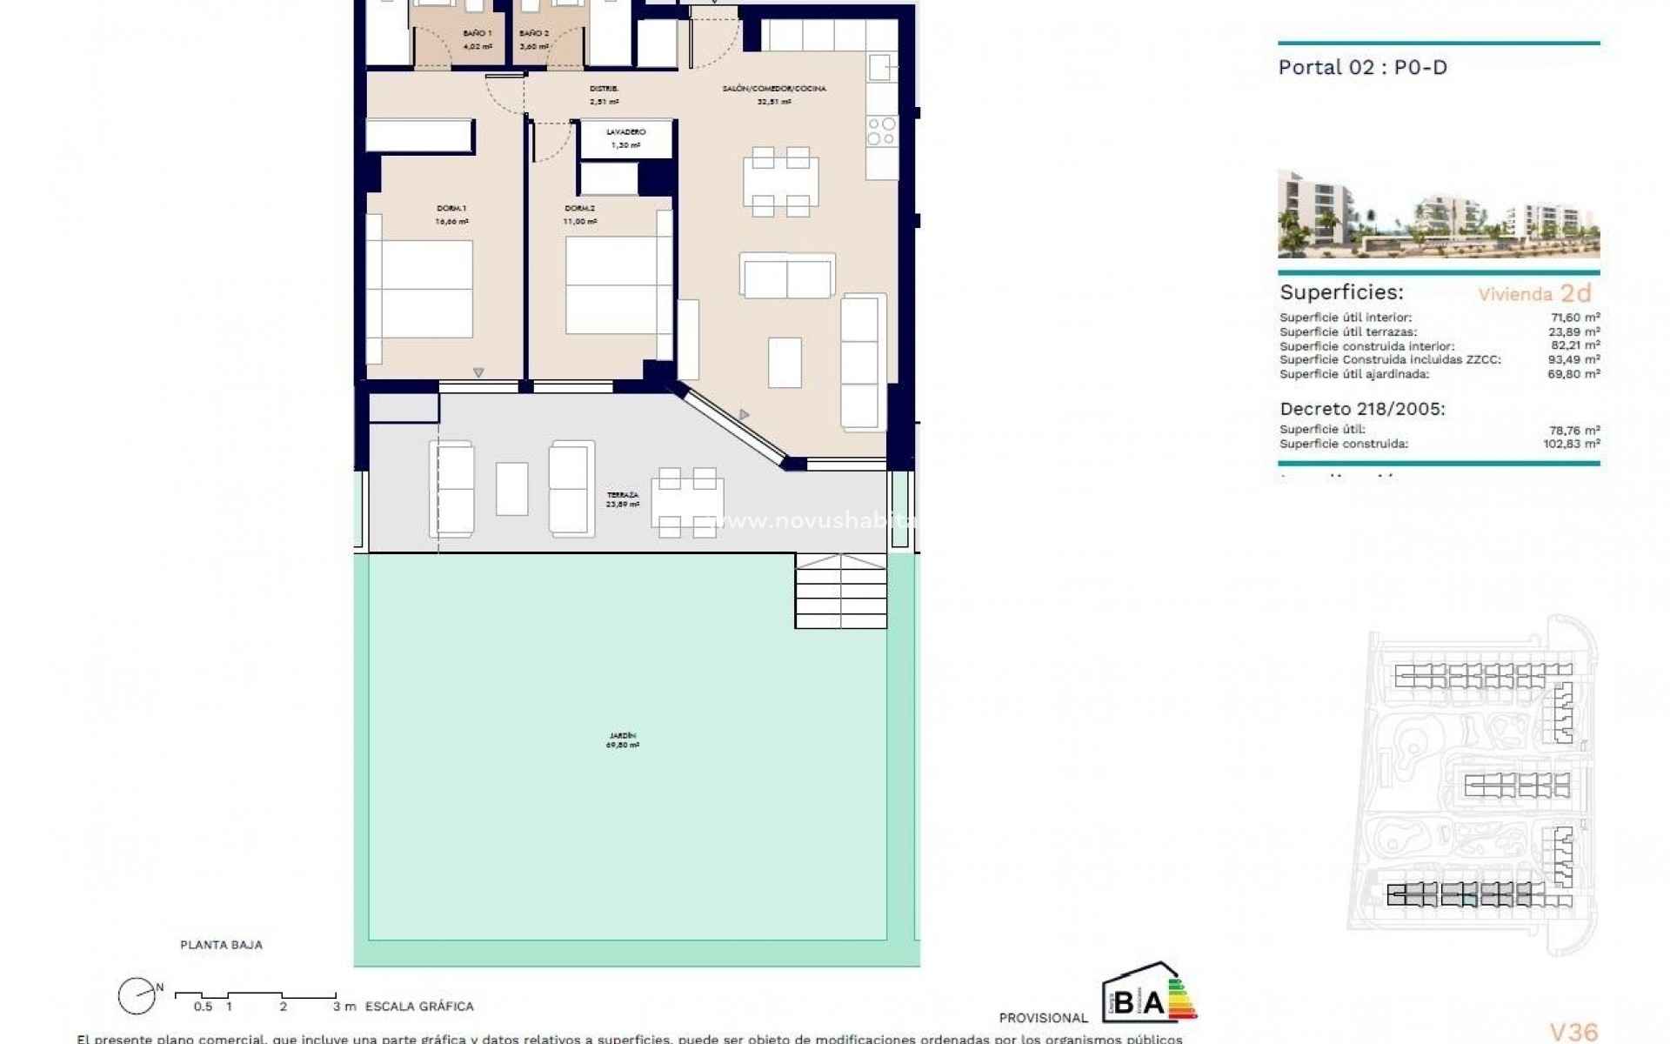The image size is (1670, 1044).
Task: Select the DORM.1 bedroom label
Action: pyautogui.click(x=451, y=209)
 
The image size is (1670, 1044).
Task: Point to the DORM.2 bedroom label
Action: pyautogui.click(x=580, y=209)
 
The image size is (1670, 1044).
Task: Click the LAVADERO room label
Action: pyautogui.click(x=626, y=132)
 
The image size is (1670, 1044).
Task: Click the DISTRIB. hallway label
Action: pyautogui.click(x=604, y=89)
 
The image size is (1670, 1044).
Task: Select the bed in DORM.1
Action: pyautogui.click(x=419, y=289)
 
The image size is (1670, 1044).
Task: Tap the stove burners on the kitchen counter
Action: pyautogui.click(x=881, y=131)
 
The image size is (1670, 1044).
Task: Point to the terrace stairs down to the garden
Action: pyautogui.click(x=840, y=591)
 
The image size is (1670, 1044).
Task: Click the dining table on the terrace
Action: pyautogui.click(x=687, y=502)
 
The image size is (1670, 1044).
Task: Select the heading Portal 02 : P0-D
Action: pyautogui.click(x=1362, y=68)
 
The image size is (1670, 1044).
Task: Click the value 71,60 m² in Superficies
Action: pyautogui.click(x=1578, y=318)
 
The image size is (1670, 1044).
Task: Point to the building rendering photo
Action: pyautogui.click(x=1438, y=214)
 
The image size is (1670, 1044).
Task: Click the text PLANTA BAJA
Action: pyautogui.click(x=221, y=945)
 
